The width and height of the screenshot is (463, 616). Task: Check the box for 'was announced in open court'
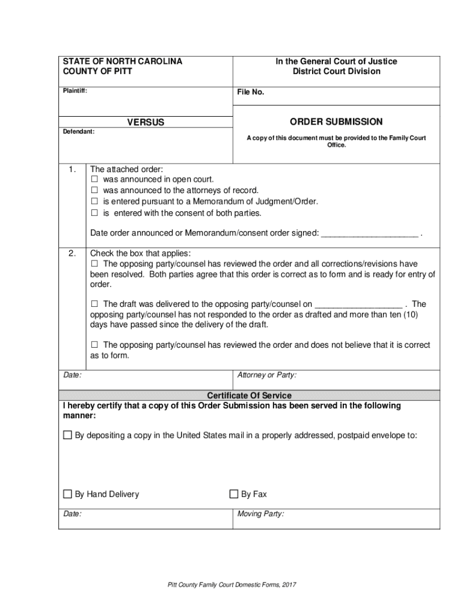coord(94,180)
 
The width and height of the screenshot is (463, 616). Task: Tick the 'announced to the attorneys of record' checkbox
coord(94,191)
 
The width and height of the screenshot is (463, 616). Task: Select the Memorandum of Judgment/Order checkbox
coord(94,202)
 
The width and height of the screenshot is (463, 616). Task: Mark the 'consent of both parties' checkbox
coord(94,213)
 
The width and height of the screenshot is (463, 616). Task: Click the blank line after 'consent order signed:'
coord(370,233)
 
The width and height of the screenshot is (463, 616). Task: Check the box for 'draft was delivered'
coord(94,304)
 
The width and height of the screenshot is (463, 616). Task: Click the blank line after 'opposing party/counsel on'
coord(358,304)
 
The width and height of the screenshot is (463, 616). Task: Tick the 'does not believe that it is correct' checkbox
coord(94,345)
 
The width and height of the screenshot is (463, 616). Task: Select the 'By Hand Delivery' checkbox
coord(67,494)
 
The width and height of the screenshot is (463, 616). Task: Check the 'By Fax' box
coord(234,494)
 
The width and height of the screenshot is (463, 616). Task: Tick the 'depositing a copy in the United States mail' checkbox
coord(67,435)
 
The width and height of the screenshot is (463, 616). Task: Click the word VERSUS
coord(146,123)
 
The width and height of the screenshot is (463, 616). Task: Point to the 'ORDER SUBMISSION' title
coord(336,122)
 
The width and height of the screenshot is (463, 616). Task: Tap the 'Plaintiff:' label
coord(75,91)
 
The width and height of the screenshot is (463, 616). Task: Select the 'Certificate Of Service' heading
coord(249,395)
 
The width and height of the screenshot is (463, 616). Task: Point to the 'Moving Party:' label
coord(260,514)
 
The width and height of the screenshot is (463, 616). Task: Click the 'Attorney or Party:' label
coord(266,375)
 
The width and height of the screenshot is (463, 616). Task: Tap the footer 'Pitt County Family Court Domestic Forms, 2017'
coord(231,585)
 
